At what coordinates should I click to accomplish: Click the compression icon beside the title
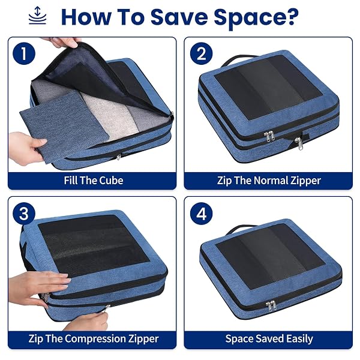[37, 16]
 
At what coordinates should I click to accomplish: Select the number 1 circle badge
[24, 53]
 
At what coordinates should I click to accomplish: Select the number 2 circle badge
[202, 53]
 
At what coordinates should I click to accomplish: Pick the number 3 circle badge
[24, 214]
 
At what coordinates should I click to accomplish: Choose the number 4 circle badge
[202, 214]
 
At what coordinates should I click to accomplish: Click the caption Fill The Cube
[94, 181]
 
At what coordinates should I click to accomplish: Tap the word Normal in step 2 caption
[271, 181]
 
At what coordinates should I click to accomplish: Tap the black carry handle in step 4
[241, 230]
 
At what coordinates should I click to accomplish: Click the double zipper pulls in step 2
[269, 136]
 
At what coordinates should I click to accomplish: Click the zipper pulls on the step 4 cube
[271, 305]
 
